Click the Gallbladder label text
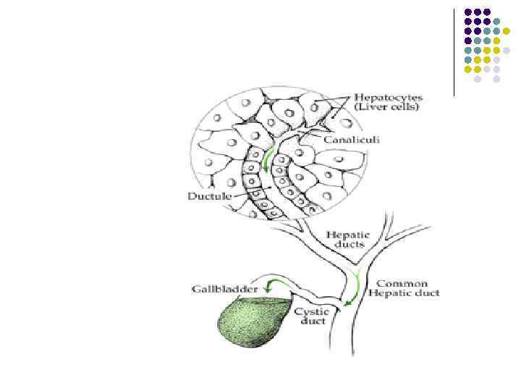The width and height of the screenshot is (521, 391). point(217,288)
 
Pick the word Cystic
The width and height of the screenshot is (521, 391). point(311,311)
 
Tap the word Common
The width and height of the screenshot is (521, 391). point(402,283)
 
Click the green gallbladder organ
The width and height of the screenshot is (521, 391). point(253,324)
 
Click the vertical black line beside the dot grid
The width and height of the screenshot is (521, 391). point(454,51)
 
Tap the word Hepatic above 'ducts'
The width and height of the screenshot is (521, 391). point(348,235)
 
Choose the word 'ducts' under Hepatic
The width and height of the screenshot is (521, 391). point(347,245)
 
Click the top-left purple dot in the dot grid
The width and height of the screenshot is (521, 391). point(468,12)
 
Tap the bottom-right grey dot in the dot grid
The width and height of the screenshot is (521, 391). point(497,78)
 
